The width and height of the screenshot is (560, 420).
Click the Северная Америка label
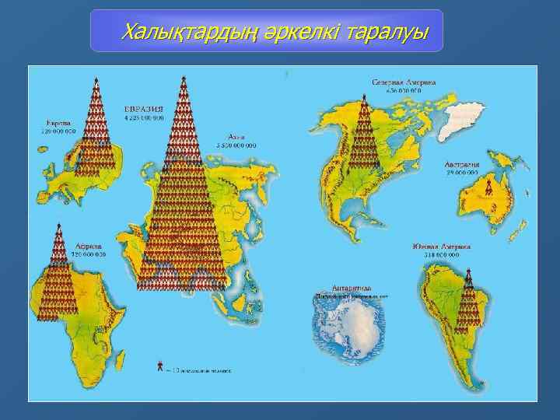coord(403,81)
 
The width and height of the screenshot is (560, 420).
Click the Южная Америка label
coord(436,246)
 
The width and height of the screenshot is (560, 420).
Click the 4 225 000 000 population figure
coord(144,117)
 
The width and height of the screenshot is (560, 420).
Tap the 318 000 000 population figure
coord(437,255)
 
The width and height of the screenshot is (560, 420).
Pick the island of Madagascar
coord(119,345)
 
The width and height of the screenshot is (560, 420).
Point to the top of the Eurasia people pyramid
coord(183,79)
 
